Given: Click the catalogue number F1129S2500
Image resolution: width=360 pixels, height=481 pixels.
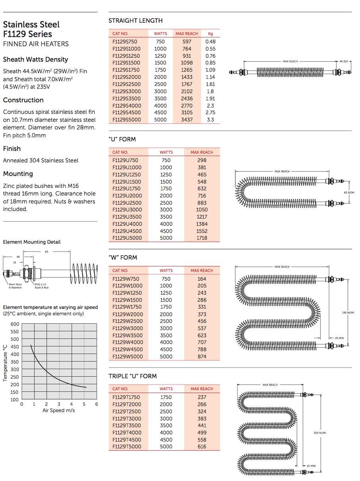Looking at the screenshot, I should (x=126, y=84).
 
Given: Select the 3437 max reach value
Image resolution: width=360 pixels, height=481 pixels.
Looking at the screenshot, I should (x=187, y=120).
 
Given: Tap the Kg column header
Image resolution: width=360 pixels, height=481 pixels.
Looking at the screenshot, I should (x=210, y=34).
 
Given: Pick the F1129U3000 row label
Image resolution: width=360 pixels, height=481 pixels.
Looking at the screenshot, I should (x=126, y=210).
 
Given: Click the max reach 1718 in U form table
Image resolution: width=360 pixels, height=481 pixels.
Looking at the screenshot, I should (x=202, y=238).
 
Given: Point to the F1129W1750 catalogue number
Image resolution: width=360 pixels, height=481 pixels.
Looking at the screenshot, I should (x=127, y=307).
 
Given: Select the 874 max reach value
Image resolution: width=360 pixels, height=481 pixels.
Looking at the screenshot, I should (x=202, y=357).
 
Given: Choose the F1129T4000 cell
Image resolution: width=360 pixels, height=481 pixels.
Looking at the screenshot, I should (x=126, y=433).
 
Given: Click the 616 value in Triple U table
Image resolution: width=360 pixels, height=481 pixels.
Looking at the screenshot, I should (x=202, y=447).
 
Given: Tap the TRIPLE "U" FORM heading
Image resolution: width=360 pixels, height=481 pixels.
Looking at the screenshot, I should (x=132, y=376).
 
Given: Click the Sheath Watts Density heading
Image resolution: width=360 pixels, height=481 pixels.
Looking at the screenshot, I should (x=35, y=60).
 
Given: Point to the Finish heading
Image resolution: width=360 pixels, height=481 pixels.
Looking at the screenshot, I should (x=12, y=149).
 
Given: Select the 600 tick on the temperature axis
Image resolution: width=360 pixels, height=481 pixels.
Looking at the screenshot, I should (x=15, y=324).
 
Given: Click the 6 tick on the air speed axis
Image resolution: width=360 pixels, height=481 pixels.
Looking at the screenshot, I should (x=97, y=404).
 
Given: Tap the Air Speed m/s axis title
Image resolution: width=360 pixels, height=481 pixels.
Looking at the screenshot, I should (x=59, y=411).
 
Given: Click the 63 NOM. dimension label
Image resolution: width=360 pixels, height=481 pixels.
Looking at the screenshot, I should (x=349, y=192).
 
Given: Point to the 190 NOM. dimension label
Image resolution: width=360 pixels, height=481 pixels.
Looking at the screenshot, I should (x=348, y=313).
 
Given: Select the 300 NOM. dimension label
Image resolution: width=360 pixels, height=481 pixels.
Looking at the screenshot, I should (x=320, y=433).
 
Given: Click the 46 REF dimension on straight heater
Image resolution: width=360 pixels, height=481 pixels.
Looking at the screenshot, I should (x=343, y=62).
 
